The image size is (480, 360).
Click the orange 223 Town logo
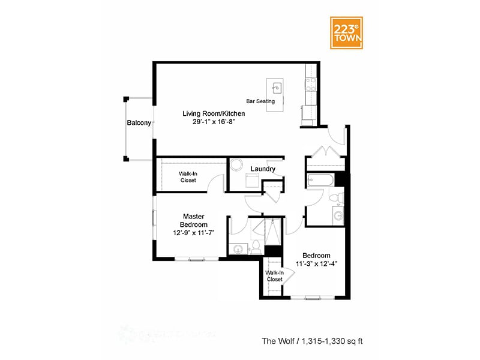tap(347, 31)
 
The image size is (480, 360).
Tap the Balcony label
tap(139, 123)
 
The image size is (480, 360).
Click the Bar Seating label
tap(260, 101)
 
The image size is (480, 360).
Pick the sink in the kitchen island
tap(277, 88)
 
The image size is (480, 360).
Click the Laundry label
tap(263, 169)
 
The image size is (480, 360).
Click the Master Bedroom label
tap(194, 220)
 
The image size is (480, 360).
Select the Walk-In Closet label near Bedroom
tap(274, 275)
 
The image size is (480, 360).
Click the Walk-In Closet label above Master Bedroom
tap(188, 177)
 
